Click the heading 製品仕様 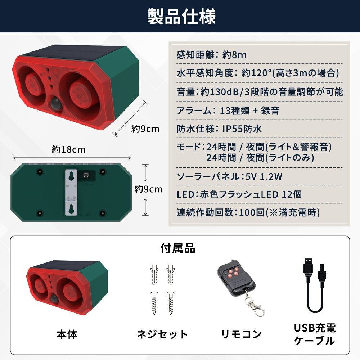[181, 17]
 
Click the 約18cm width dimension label [68, 149]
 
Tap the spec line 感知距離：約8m [211, 55]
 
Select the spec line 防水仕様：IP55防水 [219, 129]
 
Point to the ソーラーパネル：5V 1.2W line [229, 176]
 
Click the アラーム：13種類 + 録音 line [228, 111]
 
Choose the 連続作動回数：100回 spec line [248, 213]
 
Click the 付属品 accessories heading [178, 248]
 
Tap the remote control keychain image [240, 288]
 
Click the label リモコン [241, 334]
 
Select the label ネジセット [163, 334]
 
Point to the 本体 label [67, 334]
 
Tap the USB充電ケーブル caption [315, 334]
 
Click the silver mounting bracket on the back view [71, 193]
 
